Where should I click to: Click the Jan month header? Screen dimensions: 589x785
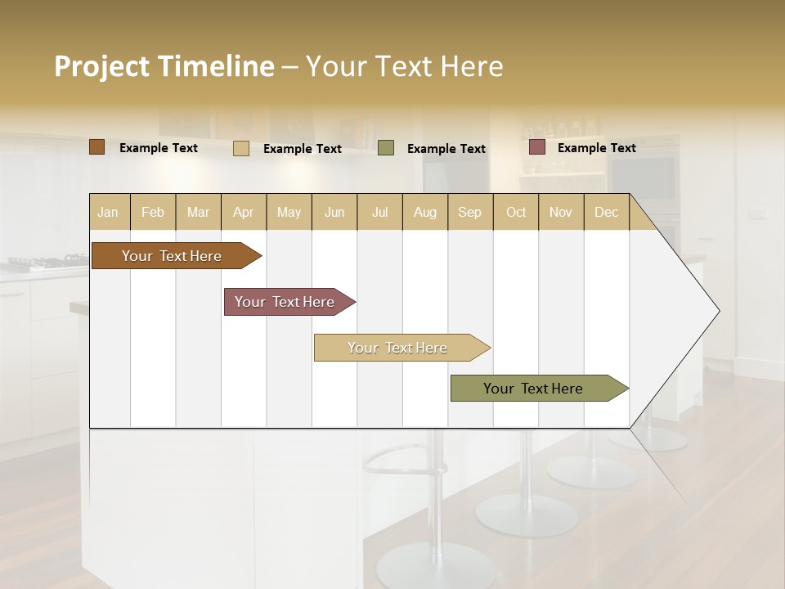pos(108,213)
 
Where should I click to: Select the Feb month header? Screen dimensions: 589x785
pos(153,213)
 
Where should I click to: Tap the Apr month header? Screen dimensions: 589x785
pos(243,213)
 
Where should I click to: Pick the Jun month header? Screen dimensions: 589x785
pos(334,213)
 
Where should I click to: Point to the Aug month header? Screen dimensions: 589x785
pos(424,213)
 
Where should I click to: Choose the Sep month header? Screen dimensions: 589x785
pos(469,213)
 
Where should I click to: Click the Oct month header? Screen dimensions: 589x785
pos(516,213)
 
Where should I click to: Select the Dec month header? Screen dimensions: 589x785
pos(606,213)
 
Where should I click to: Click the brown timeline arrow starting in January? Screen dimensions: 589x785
pos(173,256)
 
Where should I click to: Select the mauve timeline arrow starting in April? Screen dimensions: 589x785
pos(285,302)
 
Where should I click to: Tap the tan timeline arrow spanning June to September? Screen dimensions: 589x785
pos(398,348)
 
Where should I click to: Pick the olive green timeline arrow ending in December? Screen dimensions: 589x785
pos(534,389)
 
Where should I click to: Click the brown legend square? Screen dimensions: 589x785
pos(97,147)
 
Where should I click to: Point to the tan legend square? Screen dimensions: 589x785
pos(241,148)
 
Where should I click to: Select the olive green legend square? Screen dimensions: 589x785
pos(386,148)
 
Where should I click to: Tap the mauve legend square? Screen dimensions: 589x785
pos(537,147)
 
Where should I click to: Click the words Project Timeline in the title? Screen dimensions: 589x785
pos(164,66)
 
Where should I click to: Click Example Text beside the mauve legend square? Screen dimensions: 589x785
pos(597,148)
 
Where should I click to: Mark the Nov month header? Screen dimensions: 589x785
pos(561,213)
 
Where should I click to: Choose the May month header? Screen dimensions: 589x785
pos(289,213)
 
